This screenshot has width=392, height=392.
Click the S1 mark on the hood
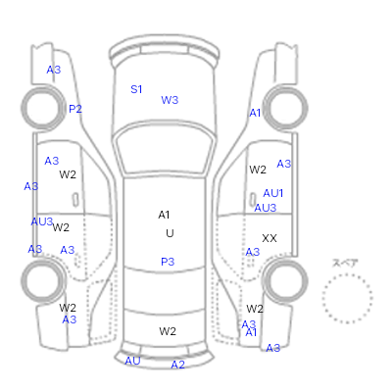pos(136,89)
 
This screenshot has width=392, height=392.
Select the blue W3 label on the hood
pos(170,100)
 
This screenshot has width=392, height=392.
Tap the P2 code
pos(75,109)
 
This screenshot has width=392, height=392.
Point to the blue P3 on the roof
pos(168,262)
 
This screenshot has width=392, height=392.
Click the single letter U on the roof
pos(170,233)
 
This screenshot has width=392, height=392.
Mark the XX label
pos(269,238)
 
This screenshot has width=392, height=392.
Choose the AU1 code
pos(273,193)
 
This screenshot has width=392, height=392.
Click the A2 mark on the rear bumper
pos(177,365)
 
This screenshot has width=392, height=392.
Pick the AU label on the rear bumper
pos(132,361)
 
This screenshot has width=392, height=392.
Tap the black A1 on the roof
pos(164,215)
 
